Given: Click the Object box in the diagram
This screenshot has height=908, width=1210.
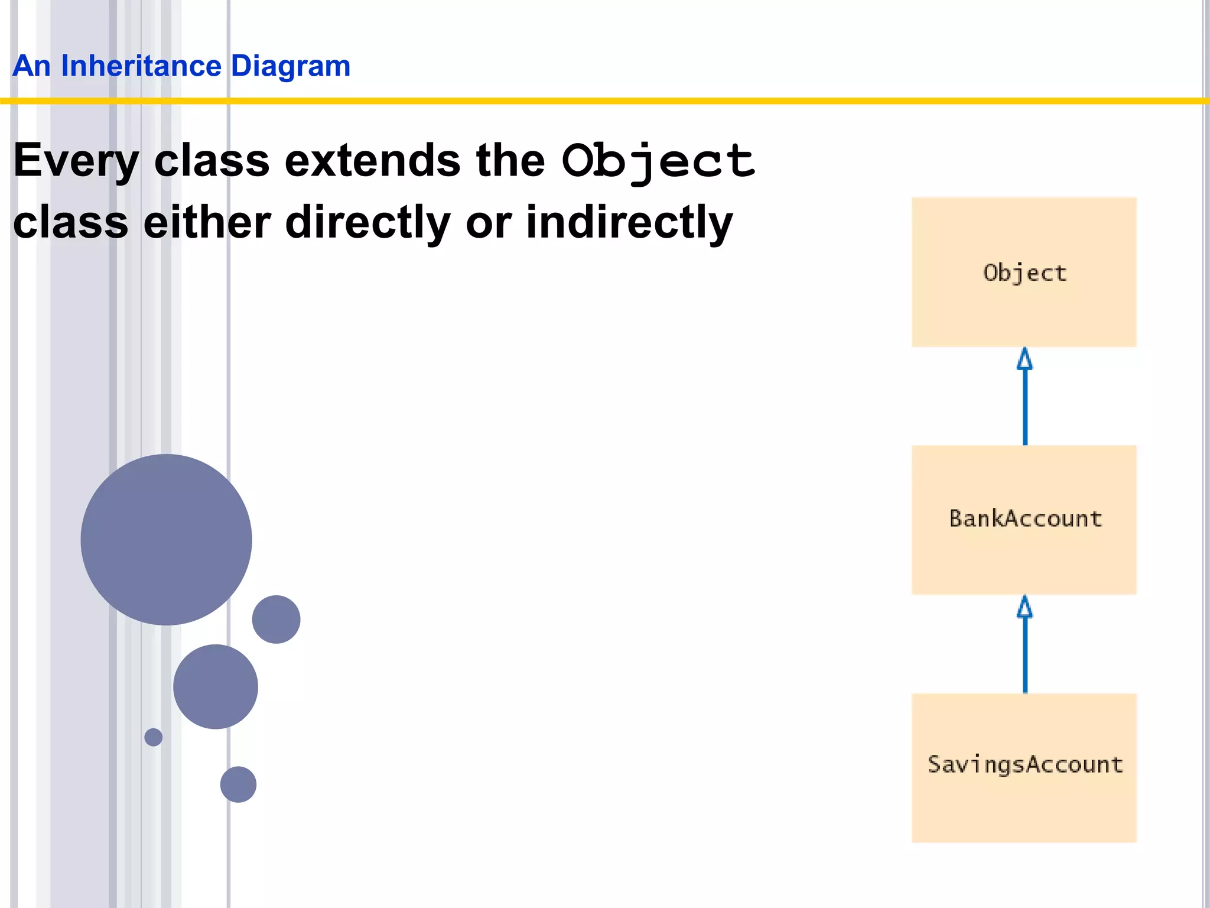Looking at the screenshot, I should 1024,272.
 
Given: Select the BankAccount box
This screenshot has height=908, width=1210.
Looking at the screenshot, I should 1024,519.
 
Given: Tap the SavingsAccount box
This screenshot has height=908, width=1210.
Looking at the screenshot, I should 1024,767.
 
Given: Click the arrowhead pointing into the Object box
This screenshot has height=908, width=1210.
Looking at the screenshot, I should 1024,359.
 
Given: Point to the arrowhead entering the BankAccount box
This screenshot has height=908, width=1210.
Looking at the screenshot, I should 1024,607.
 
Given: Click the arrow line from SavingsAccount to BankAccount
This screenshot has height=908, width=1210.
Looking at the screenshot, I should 1024,656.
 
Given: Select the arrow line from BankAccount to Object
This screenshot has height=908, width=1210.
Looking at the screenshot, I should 1024,408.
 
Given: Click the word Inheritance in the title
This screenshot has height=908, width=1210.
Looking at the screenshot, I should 141,66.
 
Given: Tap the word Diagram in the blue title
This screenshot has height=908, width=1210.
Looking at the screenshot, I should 290,66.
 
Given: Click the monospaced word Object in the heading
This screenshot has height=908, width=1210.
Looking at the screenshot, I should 658,161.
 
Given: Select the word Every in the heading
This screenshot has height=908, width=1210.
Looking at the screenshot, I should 76,161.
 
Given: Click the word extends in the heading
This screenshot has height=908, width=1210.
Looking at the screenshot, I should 372,161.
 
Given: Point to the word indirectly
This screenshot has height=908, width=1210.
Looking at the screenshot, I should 629,222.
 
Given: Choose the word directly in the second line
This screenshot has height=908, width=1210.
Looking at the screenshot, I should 367,222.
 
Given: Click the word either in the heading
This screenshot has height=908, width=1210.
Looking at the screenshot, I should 207,222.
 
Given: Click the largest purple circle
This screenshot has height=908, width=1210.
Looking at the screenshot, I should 166,539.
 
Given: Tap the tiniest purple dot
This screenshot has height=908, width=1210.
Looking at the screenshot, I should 154,737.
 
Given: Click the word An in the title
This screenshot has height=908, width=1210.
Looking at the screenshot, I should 31,66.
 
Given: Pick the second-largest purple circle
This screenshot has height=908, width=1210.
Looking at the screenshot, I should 216,686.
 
